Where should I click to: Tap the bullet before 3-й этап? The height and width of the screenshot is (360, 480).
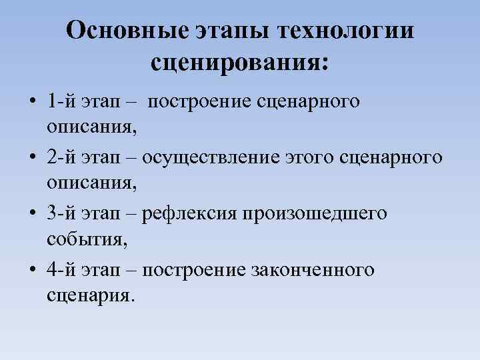coord(32,214)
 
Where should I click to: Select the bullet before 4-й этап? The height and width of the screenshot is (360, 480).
coord(32,270)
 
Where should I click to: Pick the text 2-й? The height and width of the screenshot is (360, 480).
coord(61,157)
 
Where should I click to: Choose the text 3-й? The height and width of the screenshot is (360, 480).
coord(61,213)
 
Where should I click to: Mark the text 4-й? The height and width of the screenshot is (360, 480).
coord(61,269)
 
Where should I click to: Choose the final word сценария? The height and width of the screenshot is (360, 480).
coord(90,295)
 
